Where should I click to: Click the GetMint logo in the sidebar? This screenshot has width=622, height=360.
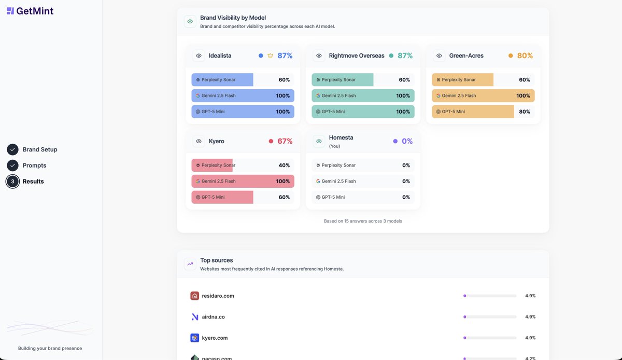30,11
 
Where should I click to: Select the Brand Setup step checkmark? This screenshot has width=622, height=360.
12,149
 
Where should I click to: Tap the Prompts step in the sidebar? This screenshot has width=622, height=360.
34,165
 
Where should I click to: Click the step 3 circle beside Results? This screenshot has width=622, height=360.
12,182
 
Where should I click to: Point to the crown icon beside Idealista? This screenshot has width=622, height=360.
270,56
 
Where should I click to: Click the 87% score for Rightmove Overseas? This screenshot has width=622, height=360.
405,56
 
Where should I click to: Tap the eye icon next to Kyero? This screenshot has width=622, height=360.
199,141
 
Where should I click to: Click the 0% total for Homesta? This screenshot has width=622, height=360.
407,141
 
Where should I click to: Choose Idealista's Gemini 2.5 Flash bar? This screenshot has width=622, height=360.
243,95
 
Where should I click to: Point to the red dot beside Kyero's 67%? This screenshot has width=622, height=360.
271,141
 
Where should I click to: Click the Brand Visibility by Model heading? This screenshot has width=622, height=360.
233,18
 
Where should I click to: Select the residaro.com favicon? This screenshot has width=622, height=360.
195,296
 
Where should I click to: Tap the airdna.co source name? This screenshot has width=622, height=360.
213,317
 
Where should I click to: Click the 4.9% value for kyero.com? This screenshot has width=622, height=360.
530,338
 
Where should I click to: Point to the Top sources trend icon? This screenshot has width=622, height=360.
190,264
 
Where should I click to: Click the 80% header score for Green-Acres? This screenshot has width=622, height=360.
525,56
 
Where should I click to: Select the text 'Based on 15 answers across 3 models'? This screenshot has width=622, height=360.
363,221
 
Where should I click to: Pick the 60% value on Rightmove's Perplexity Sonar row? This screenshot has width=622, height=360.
404,80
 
